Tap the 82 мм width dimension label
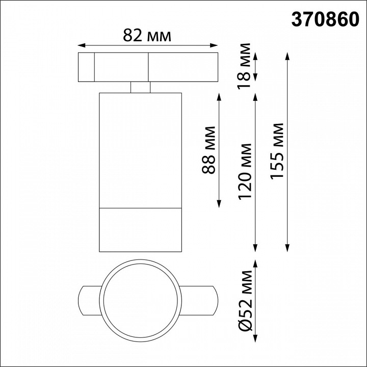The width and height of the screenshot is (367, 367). click(x=147, y=36)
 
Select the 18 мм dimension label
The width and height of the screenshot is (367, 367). click(x=245, y=62)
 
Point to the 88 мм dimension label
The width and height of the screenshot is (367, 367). click(x=209, y=150)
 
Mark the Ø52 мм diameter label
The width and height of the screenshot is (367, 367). click(x=245, y=306)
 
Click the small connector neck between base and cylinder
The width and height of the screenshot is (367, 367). click(x=140, y=88)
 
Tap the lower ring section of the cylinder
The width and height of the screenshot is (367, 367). click(x=140, y=230)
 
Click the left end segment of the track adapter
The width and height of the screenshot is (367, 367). click(x=86, y=67)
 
